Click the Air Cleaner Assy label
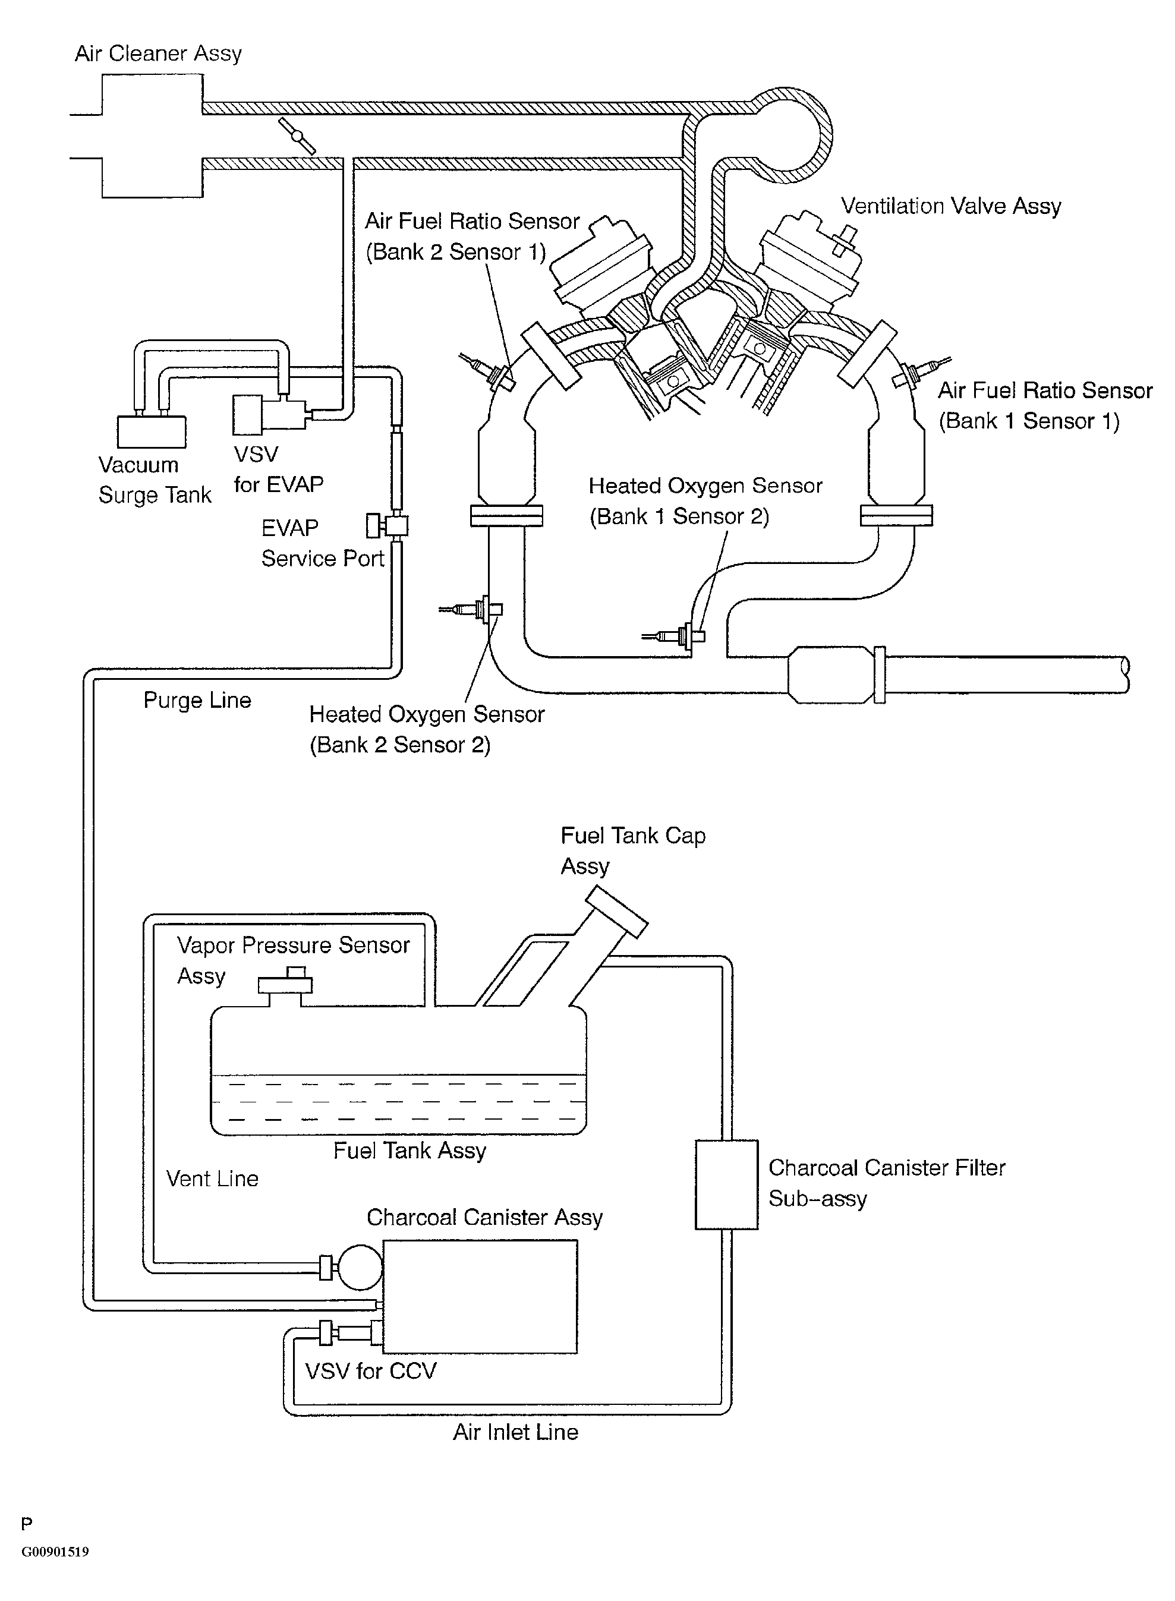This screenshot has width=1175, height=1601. (x=158, y=54)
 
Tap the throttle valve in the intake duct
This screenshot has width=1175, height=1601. (x=297, y=136)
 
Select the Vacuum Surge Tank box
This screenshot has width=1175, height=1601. (x=152, y=431)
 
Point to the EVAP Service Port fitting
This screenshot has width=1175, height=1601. (x=388, y=527)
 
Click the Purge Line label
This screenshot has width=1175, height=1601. (x=197, y=701)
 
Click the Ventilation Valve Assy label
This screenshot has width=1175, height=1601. (x=950, y=206)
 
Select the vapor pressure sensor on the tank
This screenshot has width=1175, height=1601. (x=285, y=984)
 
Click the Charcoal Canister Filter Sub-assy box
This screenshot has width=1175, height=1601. (x=726, y=1184)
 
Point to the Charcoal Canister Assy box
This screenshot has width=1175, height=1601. (x=480, y=1296)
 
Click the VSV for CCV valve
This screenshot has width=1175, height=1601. (x=348, y=1332)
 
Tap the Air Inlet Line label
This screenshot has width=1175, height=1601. (x=516, y=1432)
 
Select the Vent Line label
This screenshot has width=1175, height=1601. (x=212, y=1178)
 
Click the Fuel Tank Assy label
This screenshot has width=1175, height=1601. (x=409, y=1151)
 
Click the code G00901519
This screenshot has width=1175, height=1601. (x=55, y=1551)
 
